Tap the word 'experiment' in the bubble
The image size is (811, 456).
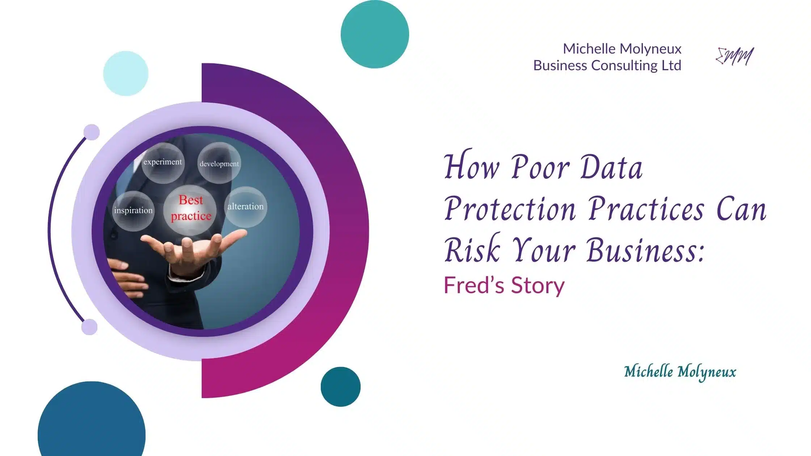point(163,162)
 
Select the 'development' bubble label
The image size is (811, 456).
point(219,164)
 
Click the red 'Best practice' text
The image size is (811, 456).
point(191,208)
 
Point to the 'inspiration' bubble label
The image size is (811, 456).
point(133,210)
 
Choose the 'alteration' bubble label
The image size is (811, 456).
point(245,206)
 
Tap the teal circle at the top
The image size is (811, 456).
point(375,34)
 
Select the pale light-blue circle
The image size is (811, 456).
point(126,73)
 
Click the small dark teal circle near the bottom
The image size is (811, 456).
point(340,387)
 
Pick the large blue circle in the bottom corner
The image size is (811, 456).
point(92,427)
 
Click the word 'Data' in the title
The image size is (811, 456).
point(612,168)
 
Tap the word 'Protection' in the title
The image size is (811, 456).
point(510,209)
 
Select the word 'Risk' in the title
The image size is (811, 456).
point(472,250)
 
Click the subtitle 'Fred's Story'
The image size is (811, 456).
point(504,285)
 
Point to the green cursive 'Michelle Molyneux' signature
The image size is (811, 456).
point(680,372)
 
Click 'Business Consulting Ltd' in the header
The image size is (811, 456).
point(607,66)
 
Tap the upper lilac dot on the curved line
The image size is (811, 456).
point(92,132)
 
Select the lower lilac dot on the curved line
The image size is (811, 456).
point(89,327)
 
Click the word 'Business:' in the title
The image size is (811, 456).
point(646,250)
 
